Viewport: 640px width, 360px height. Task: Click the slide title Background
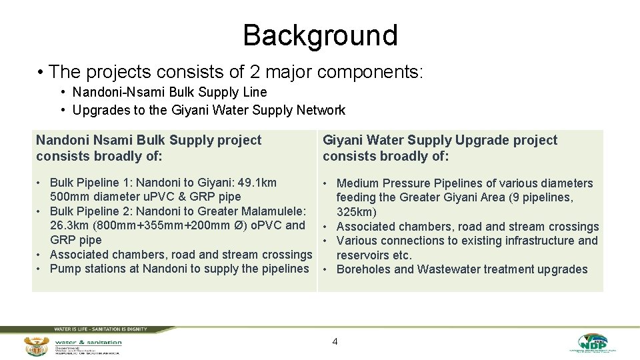(320, 35)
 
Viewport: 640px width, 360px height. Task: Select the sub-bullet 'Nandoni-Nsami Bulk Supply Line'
(169, 92)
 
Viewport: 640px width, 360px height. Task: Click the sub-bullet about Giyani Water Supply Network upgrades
(209, 110)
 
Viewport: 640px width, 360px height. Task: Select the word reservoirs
(363, 255)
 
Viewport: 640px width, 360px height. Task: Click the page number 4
(335, 342)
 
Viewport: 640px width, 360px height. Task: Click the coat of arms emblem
(36, 346)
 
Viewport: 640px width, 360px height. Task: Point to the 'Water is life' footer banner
(100, 329)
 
